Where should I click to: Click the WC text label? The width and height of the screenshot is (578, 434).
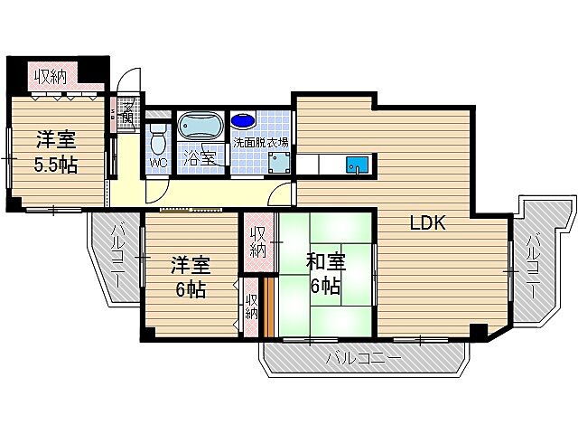(x=158, y=163)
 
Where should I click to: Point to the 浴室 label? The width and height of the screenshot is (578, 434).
(x=200, y=156)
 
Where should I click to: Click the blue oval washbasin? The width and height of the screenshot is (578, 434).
(x=243, y=119)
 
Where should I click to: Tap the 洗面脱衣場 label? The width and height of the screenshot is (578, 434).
(x=261, y=142)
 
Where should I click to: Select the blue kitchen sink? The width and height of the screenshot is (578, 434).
(x=359, y=165)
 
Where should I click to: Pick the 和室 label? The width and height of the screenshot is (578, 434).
(x=325, y=263)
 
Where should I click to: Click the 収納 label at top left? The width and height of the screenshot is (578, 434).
(x=50, y=77)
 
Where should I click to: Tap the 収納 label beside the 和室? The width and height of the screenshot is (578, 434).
(x=258, y=237)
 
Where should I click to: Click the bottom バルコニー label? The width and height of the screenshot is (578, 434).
(x=362, y=359)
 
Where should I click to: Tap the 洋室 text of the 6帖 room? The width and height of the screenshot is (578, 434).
(x=191, y=266)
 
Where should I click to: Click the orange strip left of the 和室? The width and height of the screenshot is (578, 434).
(x=268, y=303)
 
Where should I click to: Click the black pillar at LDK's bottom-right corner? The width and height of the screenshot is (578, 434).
(x=479, y=332)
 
